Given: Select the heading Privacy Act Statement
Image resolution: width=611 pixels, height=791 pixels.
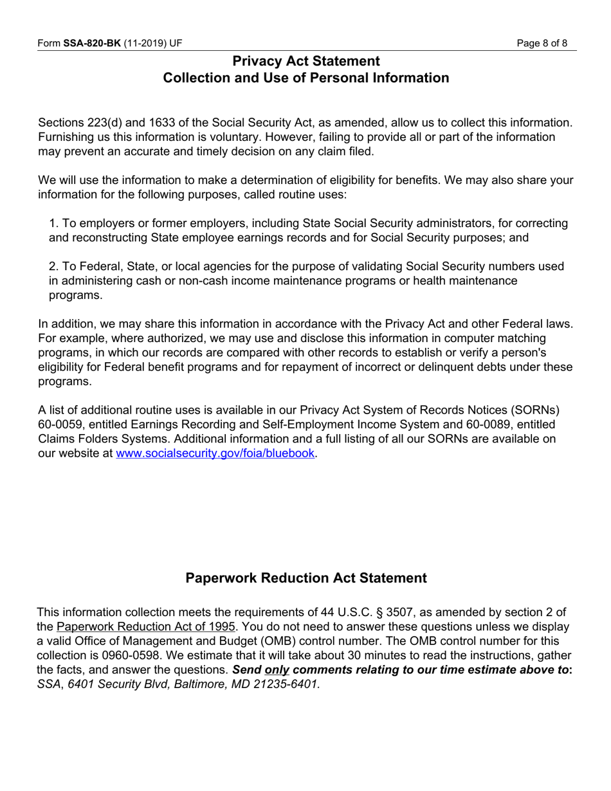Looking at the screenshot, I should click(x=305, y=61).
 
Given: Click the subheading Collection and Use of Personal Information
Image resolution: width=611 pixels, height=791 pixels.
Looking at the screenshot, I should click(x=305, y=78).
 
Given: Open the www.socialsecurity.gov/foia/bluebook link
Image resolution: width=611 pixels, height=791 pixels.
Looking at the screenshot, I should click(x=215, y=453).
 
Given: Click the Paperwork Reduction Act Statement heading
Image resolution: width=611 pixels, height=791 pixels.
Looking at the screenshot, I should click(x=305, y=578).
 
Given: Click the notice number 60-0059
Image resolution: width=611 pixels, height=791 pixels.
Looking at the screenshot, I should click(x=61, y=425).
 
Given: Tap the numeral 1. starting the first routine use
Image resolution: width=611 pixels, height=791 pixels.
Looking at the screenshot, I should click(x=54, y=224).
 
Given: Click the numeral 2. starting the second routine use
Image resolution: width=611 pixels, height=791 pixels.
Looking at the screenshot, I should click(x=54, y=267).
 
